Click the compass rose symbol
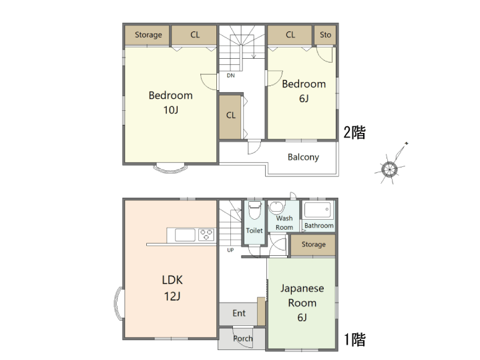click(x=389, y=169)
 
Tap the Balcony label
click(x=303, y=157)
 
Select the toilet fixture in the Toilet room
click(x=254, y=210)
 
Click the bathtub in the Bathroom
click(x=318, y=210)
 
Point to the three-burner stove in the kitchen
click(x=206, y=234)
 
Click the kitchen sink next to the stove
click(x=185, y=235)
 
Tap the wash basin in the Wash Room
click(x=276, y=208)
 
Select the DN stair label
click(x=230, y=75)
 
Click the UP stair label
click(x=230, y=250)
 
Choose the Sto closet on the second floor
click(x=325, y=35)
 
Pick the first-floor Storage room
click(x=313, y=244)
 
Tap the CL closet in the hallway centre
click(x=230, y=116)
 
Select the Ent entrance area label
click(x=239, y=313)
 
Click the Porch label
click(x=243, y=339)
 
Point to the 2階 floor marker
click(x=354, y=133)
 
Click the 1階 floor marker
click(x=354, y=339)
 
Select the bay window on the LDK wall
click(x=119, y=304)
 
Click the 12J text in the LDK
click(x=172, y=297)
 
